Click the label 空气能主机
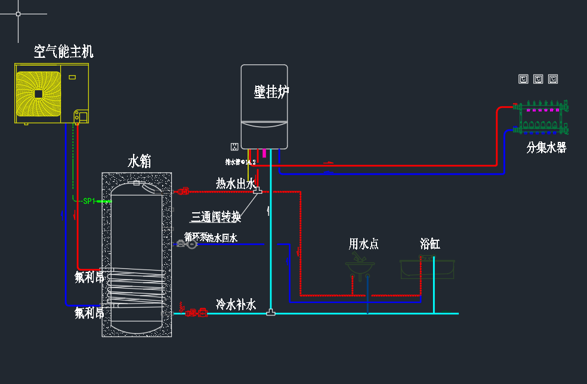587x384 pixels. click(x=64, y=52)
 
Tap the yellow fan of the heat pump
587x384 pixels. click(x=39, y=94)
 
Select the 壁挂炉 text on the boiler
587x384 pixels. click(x=271, y=92)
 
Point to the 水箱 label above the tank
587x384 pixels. click(x=140, y=161)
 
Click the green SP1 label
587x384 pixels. click(x=89, y=202)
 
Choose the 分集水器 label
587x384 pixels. click(x=546, y=148)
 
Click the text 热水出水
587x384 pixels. click(x=236, y=184)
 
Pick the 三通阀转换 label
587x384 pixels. click(x=216, y=216)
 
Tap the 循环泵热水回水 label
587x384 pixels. click(x=211, y=237)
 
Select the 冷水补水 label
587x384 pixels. click(x=236, y=305)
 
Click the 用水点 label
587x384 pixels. click(x=363, y=243)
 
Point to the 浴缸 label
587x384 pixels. click(x=430, y=243)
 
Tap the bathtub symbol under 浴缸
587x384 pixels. click(x=428, y=268)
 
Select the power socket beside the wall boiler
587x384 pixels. click(x=234, y=146)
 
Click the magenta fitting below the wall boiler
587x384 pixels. click(x=264, y=153)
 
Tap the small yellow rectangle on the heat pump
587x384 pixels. click(x=72, y=77)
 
